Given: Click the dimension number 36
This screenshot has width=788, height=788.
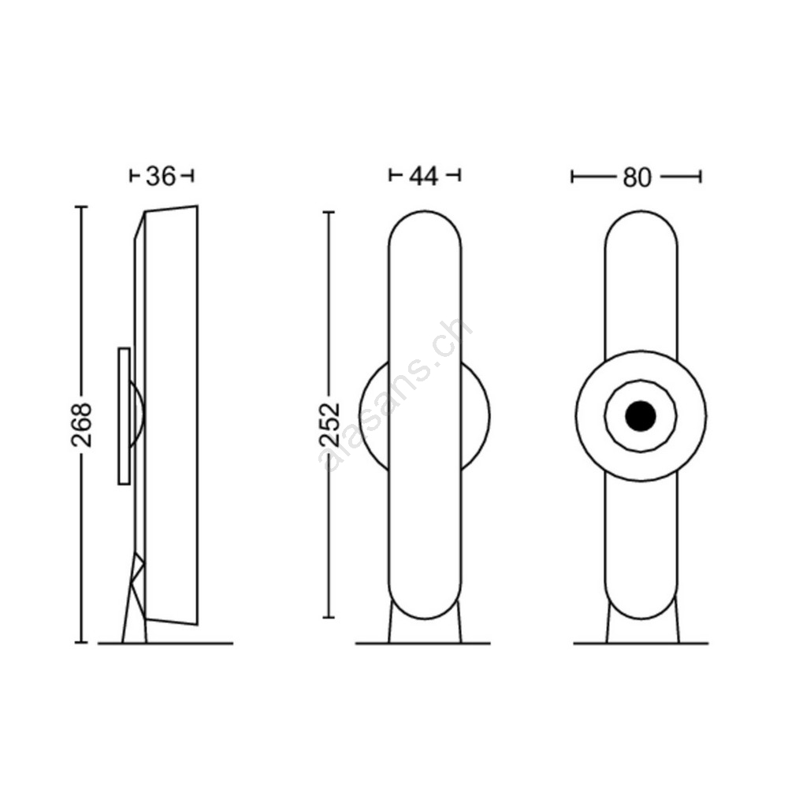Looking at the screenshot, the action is click(x=161, y=177).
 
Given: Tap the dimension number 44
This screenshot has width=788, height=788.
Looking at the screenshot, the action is click(x=424, y=177).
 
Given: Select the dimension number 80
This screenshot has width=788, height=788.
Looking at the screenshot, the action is click(x=637, y=178).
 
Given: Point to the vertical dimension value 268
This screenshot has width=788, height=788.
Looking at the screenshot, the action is click(x=82, y=425).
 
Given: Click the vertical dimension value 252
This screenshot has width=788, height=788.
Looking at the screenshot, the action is click(x=330, y=425).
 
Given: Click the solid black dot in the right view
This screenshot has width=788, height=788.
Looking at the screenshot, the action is click(x=641, y=416).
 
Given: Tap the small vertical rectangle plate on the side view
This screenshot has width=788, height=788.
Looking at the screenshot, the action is click(x=125, y=416).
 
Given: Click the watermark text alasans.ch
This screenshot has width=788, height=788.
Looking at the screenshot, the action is click(x=396, y=396).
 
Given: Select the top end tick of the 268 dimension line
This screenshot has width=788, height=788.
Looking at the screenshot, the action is click(x=81, y=206).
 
